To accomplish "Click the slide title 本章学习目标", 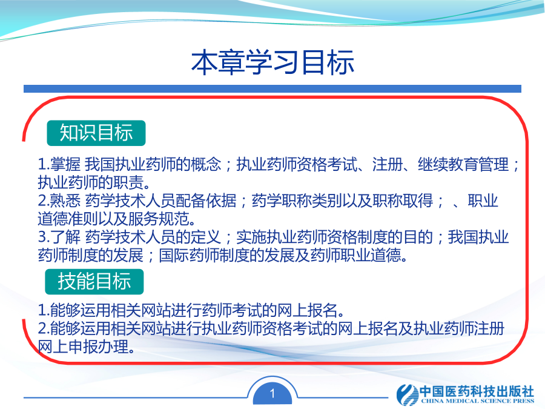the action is click(272, 62).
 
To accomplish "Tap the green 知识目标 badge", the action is click(96, 133).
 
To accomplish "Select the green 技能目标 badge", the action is click(94, 281).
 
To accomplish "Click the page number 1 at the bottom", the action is click(272, 393).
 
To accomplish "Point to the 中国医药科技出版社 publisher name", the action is click(477, 391).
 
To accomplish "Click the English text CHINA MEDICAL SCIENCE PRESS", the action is click(478, 401).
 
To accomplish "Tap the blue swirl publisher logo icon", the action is click(408, 394).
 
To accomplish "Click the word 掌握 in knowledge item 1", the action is click(65, 164).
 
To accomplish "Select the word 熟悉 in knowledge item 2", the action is click(65, 201).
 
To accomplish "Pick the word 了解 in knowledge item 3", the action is click(65, 237).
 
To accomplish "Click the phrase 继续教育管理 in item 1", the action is click(463, 164).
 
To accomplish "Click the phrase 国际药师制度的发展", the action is click(226, 255).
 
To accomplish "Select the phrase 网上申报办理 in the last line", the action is click(83, 347).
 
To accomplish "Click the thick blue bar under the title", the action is click(272, 88).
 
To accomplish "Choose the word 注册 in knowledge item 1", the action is click(388, 164).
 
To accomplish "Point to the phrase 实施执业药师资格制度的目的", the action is click(334, 237).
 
